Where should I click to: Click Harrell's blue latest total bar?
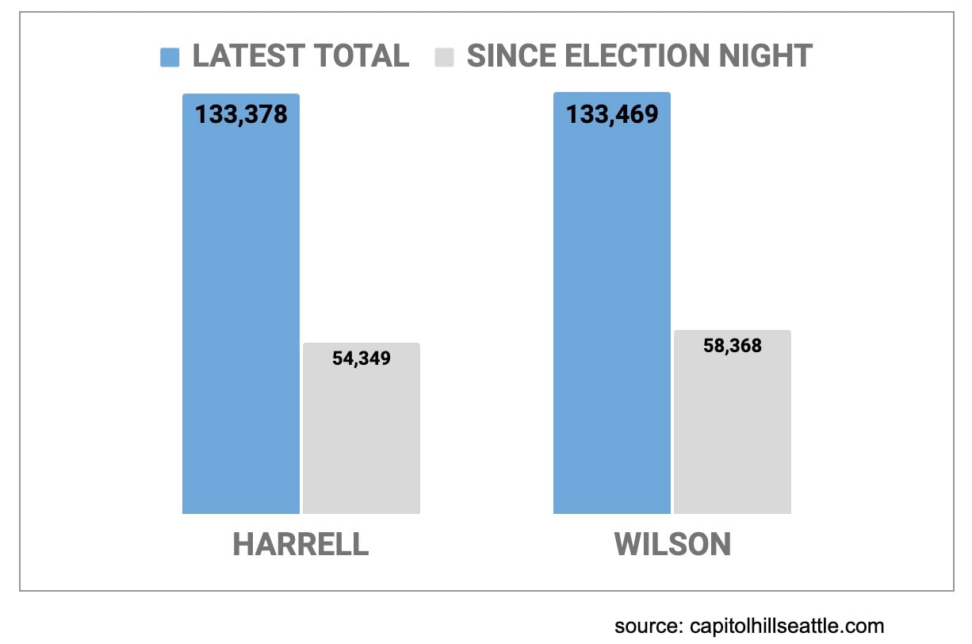(x=241, y=317)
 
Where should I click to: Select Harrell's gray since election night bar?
(x=362, y=436)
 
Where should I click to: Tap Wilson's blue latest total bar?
(x=611, y=317)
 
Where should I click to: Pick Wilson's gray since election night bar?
(x=732, y=428)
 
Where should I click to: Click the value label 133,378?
(x=241, y=115)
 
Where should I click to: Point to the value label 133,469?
(x=611, y=115)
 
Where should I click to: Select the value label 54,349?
(x=362, y=358)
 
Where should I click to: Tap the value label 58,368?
(x=732, y=346)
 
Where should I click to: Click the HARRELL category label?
(x=300, y=545)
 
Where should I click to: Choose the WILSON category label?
(x=672, y=545)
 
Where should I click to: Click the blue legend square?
(x=170, y=57)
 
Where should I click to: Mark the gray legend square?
(x=444, y=57)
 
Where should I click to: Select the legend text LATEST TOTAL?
(x=300, y=56)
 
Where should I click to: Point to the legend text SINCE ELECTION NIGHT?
(x=639, y=56)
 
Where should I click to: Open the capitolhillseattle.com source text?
(x=786, y=626)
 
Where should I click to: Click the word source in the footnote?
(x=642, y=626)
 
